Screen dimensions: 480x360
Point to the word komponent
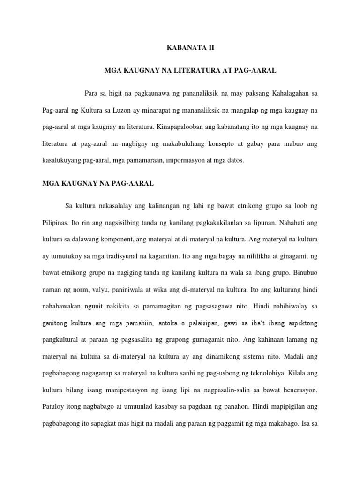[x=111, y=239]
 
